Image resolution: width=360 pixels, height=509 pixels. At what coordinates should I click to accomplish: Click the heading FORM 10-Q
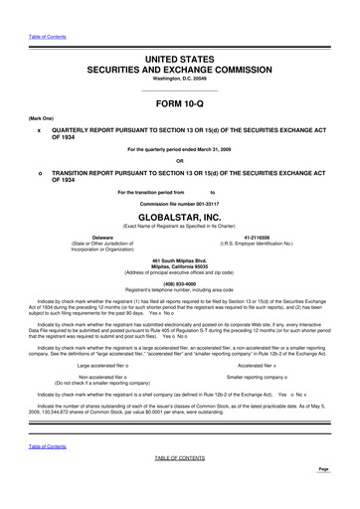click(179, 104)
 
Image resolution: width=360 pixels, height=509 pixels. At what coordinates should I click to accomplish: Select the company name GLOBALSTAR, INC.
click(179, 213)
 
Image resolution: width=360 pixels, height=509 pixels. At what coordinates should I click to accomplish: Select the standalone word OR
click(179, 161)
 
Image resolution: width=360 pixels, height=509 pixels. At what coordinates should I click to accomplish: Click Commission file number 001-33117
click(179, 203)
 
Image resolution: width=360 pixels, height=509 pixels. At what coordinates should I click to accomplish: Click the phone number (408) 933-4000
click(179, 279)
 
